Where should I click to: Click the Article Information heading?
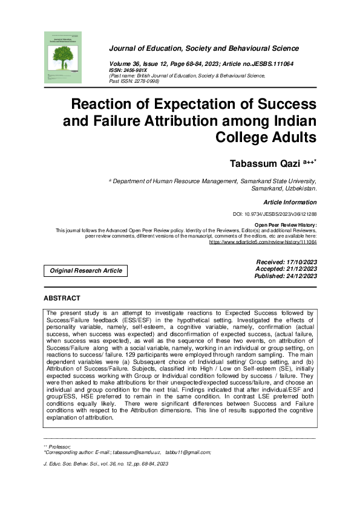290,203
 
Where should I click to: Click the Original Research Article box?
85,271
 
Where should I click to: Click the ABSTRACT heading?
62,299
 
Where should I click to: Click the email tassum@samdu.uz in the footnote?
140,452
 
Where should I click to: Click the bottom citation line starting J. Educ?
106,464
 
